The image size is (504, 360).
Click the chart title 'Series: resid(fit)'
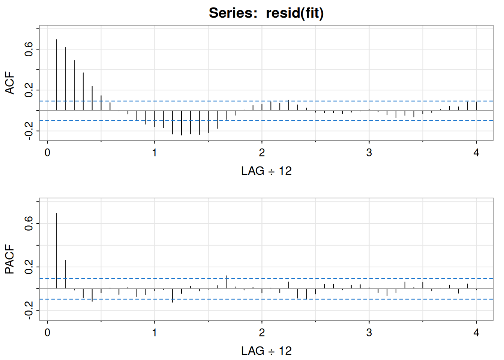point(266,13)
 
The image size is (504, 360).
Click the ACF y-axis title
point(10,83)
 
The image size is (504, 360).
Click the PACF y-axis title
point(10,259)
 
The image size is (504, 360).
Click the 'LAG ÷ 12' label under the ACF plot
point(266,171)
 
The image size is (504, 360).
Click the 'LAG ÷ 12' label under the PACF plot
point(266,351)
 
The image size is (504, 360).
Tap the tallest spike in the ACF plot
point(56,75)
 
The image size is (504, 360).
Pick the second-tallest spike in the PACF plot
point(65,274)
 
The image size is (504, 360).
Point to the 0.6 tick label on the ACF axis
point(29,49)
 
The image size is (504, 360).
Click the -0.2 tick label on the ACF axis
point(29,131)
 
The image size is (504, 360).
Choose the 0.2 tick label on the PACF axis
point(29,267)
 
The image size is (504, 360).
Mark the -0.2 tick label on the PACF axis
point(29,310)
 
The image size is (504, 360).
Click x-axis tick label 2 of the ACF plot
point(262,153)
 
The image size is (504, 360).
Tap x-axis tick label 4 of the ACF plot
point(476,153)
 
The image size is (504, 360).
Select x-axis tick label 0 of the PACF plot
point(47,333)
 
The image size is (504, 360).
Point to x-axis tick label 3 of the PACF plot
point(369,333)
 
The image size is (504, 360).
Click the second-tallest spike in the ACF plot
point(65,79)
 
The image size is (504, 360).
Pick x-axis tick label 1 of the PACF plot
point(154,333)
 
